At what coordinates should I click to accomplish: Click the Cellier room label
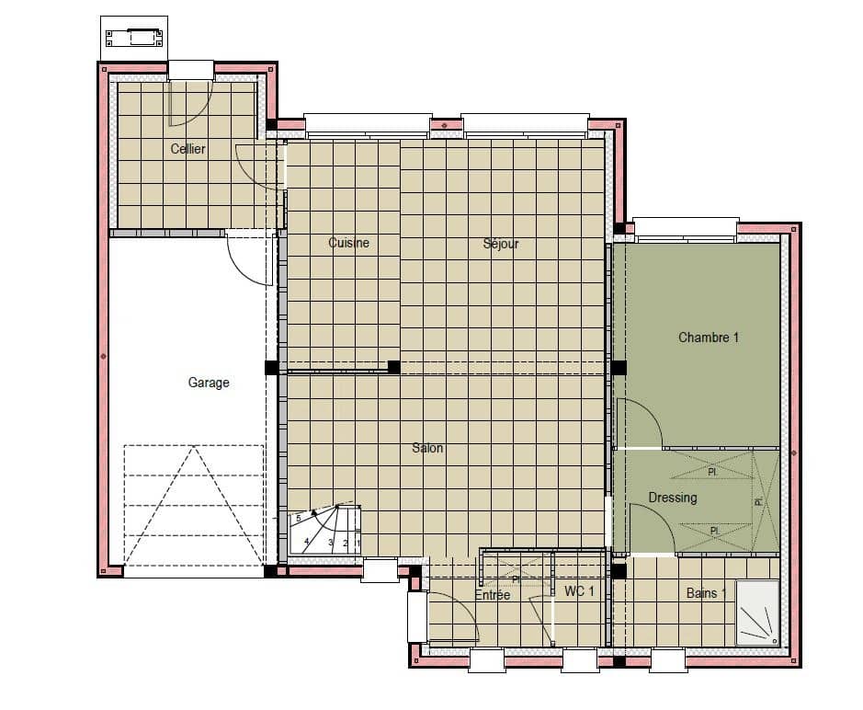pyautogui.click(x=188, y=149)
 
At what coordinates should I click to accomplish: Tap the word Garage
pyautogui.click(x=209, y=383)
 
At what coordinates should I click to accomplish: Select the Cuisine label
pyautogui.click(x=349, y=243)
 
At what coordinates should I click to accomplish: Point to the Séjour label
pyautogui.click(x=501, y=244)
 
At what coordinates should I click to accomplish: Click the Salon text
pyautogui.click(x=427, y=448)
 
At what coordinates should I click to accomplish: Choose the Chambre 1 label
pyautogui.click(x=709, y=338)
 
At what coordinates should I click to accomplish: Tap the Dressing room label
pyautogui.click(x=673, y=498)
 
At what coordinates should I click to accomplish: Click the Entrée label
pyautogui.click(x=493, y=595)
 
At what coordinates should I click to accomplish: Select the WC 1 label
pyautogui.click(x=580, y=591)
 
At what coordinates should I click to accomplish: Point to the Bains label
pyautogui.click(x=704, y=593)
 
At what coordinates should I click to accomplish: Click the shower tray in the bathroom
pyautogui.click(x=757, y=612)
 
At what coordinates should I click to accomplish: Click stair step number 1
pyautogui.click(x=357, y=543)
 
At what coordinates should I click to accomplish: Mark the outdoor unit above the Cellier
pyautogui.click(x=134, y=38)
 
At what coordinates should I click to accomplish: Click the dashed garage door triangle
pyautogui.click(x=194, y=506)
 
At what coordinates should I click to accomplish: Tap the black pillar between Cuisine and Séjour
pyautogui.click(x=394, y=367)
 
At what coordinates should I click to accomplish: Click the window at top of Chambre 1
pyautogui.click(x=686, y=226)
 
